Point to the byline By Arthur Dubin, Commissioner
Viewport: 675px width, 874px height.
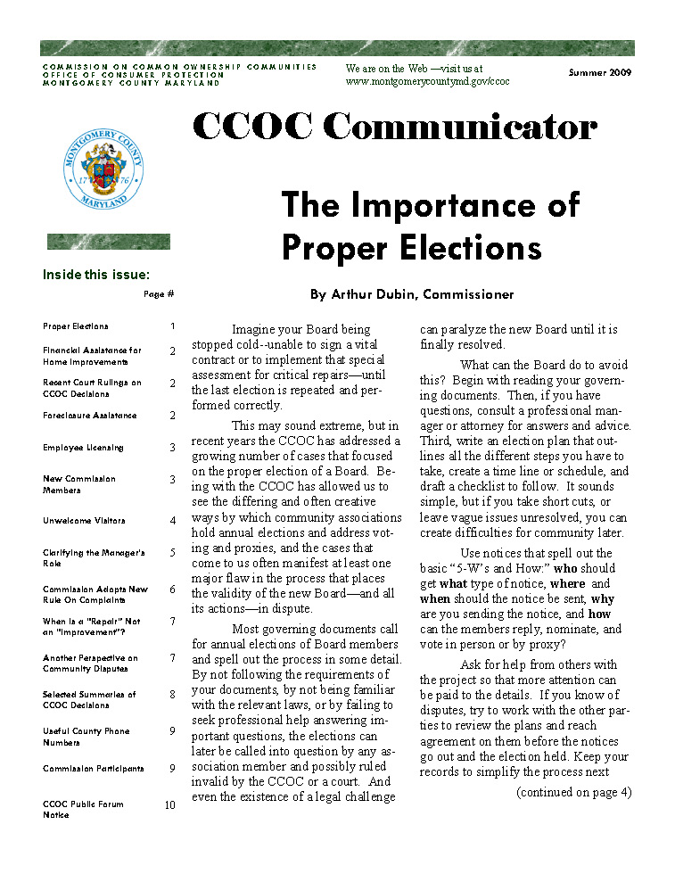tap(412, 294)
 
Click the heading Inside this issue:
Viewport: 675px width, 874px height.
tap(96, 275)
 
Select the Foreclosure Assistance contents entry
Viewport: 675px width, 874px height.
tap(90, 416)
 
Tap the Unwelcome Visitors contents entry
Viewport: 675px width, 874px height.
tap(84, 521)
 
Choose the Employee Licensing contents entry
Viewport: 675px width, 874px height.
tap(83, 448)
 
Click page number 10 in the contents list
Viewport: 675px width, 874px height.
tap(169, 804)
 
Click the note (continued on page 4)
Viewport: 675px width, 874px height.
tap(574, 791)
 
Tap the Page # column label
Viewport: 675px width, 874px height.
tap(159, 294)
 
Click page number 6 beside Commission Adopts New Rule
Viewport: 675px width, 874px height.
tap(172, 590)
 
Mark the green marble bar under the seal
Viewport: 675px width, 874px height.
tap(108, 241)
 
